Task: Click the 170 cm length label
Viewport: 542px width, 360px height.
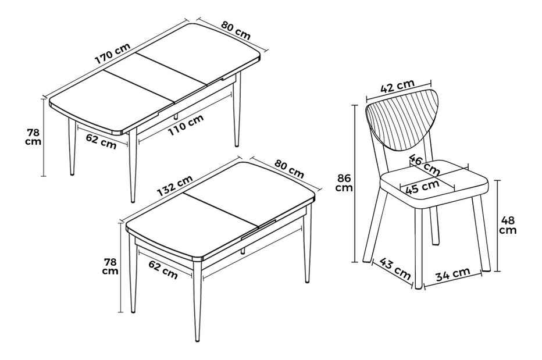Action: (113, 54)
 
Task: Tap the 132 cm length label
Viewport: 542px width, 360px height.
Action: (175, 186)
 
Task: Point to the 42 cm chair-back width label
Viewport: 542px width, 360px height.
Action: (397, 86)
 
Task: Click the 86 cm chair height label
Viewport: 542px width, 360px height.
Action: (345, 183)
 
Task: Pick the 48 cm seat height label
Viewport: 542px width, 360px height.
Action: (508, 225)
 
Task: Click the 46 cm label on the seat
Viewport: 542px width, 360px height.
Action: (425, 164)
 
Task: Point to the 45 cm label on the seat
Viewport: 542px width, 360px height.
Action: (422, 187)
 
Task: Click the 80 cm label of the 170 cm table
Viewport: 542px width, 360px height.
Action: (236, 30)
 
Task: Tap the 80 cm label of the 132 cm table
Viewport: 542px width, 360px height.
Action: (289, 169)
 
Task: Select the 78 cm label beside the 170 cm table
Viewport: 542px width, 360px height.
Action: (33, 137)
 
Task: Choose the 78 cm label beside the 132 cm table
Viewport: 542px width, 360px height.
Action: (110, 266)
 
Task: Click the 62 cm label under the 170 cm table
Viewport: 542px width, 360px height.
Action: (101, 141)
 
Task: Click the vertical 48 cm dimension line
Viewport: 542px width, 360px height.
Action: (498, 226)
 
